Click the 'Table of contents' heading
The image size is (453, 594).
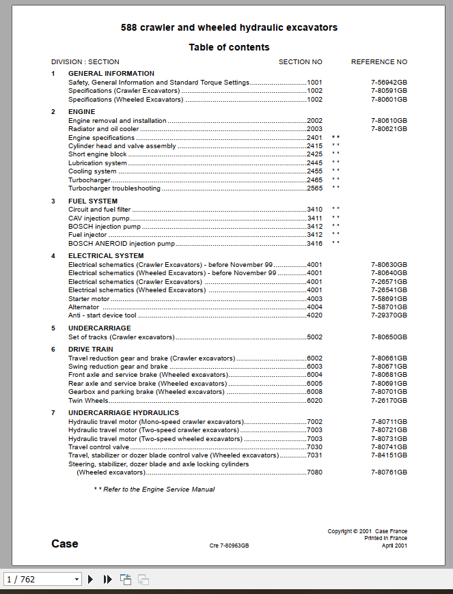click(x=229, y=47)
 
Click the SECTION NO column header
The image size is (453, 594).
click(x=300, y=62)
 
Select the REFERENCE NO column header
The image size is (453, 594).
click(x=379, y=62)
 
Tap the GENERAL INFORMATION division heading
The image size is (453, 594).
click(x=111, y=74)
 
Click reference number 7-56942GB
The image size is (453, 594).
click(x=389, y=83)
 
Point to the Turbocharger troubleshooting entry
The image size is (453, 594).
click(x=114, y=188)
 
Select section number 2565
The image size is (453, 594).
click(x=314, y=188)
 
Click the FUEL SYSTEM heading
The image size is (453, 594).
click(x=93, y=201)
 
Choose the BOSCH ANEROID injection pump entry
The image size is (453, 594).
click(x=122, y=244)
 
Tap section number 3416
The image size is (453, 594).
click(x=314, y=244)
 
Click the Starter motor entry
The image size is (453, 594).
click(x=89, y=299)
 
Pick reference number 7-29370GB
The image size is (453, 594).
click(x=389, y=315)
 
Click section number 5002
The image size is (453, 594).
click(x=314, y=337)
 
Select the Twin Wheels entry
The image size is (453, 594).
click(x=88, y=401)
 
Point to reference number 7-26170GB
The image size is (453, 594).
click(x=389, y=401)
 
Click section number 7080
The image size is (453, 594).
click(x=314, y=472)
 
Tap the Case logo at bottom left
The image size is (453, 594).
click(x=65, y=544)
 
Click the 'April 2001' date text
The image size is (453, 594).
click(x=394, y=546)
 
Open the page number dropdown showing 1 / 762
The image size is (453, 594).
click(x=42, y=580)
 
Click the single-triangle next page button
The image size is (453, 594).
click(x=90, y=580)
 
